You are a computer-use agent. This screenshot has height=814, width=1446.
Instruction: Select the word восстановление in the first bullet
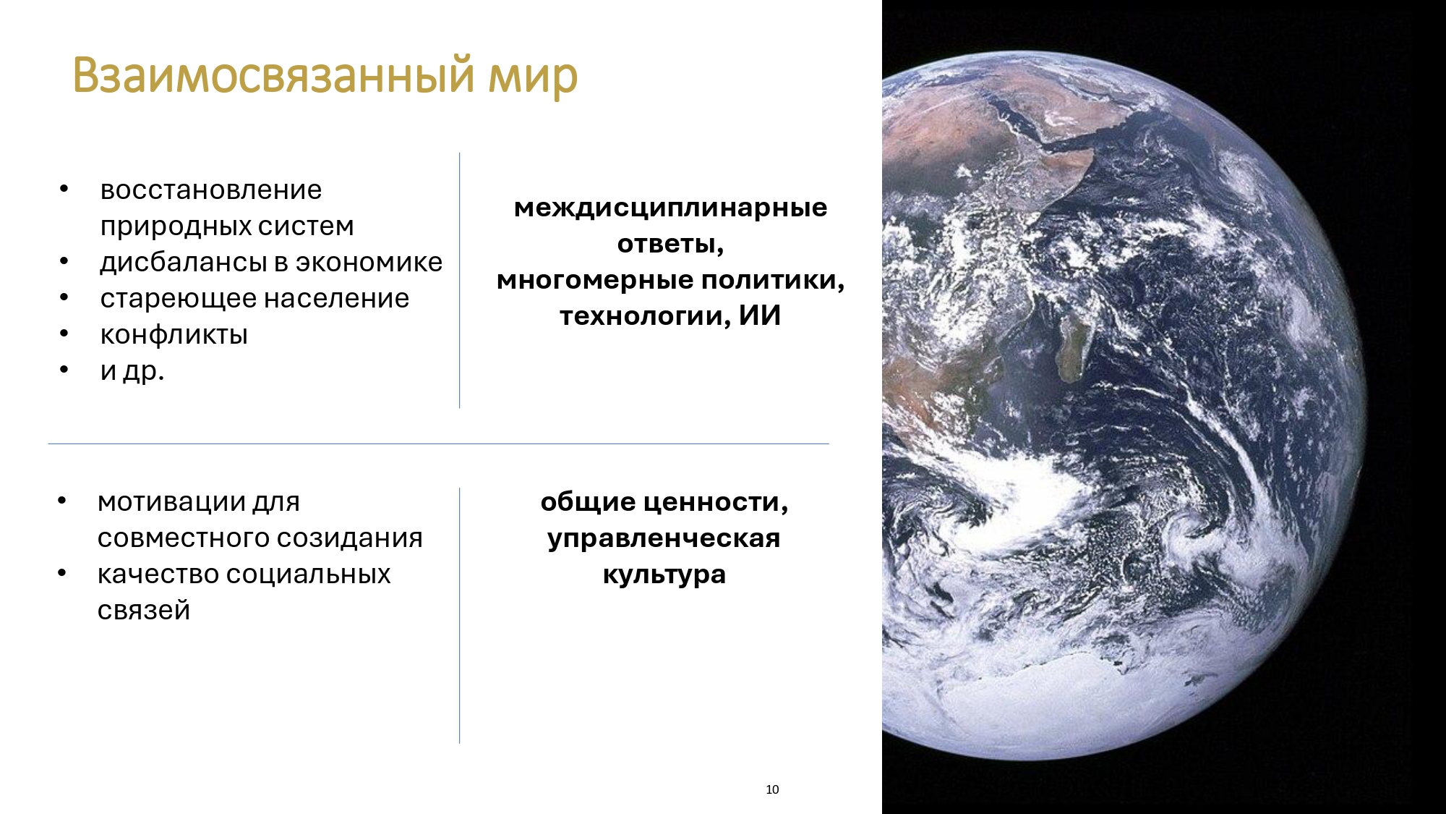(211, 190)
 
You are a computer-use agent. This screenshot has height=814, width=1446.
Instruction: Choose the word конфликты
(174, 335)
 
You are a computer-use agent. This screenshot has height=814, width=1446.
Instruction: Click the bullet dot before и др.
(64, 370)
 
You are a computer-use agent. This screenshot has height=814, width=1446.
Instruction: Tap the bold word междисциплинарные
(671, 208)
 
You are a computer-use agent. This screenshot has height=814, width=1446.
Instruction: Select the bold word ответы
(670, 245)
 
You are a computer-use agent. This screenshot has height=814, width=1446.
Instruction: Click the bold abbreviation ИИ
(760, 315)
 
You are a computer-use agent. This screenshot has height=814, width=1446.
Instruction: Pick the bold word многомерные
(594, 280)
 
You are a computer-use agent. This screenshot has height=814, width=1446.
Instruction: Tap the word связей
(144, 611)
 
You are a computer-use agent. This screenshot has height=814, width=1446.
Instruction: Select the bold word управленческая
(664, 539)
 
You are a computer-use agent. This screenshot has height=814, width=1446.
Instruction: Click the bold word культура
(664, 575)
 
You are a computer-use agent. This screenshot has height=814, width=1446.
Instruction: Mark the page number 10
(772, 789)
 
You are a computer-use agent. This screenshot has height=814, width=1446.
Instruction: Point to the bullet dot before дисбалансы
(64, 261)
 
